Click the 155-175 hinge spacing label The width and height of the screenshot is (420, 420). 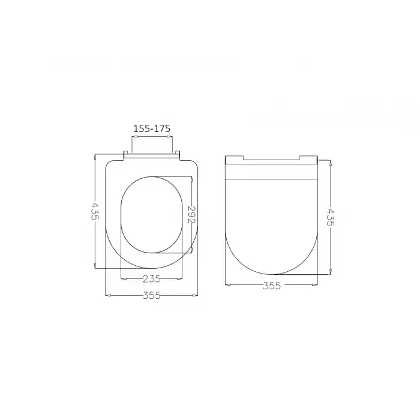tap(152, 128)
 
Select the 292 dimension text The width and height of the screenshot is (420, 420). tap(192, 215)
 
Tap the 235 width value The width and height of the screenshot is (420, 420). tap(152, 278)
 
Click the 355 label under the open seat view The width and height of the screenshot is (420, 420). tap(152, 296)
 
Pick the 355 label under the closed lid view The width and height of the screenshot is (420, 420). tap(272, 286)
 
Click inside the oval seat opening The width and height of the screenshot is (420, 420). tap(151, 214)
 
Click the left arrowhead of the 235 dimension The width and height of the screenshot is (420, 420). tap(122, 278)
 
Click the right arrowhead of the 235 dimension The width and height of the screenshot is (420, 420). tap(181, 278)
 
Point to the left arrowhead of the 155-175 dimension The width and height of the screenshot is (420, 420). tap(133, 137)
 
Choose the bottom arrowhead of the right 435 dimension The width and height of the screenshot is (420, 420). tap(330, 272)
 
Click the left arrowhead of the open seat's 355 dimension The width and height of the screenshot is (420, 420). tap(107, 295)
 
